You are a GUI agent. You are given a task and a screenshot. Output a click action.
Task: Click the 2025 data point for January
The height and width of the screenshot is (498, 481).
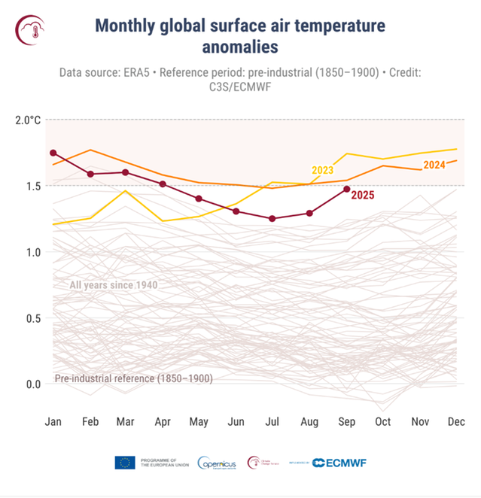tap(53, 153)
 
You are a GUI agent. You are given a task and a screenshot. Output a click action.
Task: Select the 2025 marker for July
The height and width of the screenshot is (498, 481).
tap(272, 218)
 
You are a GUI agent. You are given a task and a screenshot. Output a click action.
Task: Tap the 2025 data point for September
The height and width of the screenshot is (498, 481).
tap(346, 189)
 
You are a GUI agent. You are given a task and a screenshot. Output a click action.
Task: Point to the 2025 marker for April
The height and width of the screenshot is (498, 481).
tap(162, 184)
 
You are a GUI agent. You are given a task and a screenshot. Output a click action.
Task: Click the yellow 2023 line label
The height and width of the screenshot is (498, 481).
tap(322, 169)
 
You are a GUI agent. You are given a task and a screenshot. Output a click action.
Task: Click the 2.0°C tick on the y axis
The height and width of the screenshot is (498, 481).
tap(28, 120)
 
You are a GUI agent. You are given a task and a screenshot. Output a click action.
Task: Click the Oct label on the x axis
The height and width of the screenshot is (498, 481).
tap(382, 421)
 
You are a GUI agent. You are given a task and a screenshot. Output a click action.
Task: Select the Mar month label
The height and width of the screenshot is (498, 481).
tap(126, 421)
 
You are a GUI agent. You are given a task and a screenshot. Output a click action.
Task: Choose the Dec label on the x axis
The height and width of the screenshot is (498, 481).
tap(455, 421)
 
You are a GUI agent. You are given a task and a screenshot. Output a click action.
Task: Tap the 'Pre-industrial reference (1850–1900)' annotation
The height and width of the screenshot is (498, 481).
tap(133, 378)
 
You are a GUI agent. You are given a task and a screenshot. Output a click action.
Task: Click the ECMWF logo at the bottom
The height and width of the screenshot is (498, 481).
tap(339, 463)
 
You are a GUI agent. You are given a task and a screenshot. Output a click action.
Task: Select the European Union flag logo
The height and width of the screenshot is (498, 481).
tap(125, 463)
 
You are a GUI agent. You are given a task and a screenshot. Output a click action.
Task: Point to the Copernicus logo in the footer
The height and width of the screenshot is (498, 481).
tap(217, 463)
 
